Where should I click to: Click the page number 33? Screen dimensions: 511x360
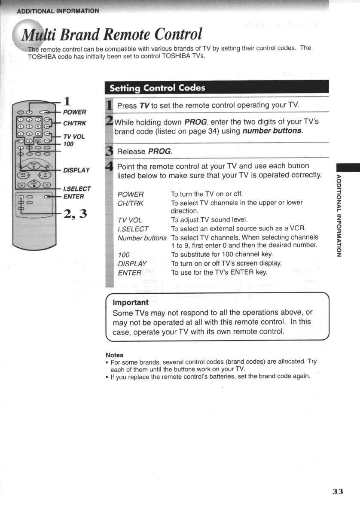coord(338,492)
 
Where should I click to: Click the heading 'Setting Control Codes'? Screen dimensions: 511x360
coord(157,88)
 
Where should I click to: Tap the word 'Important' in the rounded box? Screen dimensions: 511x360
coord(130,302)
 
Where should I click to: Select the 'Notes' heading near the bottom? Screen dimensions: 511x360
coord(114,355)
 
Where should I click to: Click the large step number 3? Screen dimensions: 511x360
coord(109,151)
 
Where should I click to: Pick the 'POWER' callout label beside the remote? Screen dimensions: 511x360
coord(74,113)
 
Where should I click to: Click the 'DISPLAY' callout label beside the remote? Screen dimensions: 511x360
coord(76,170)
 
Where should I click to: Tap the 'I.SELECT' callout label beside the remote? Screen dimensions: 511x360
coord(77,189)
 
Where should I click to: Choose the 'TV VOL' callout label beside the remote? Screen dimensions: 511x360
coord(74,137)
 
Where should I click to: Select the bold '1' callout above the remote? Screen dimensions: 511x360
coord(67,101)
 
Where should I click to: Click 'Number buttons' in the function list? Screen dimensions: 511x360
coord(142,238)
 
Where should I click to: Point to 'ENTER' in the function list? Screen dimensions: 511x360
coord(129,273)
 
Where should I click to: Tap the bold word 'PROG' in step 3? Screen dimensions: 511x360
coord(159,152)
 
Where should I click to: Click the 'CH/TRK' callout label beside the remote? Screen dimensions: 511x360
coord(75,123)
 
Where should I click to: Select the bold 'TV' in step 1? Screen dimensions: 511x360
coord(144,106)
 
